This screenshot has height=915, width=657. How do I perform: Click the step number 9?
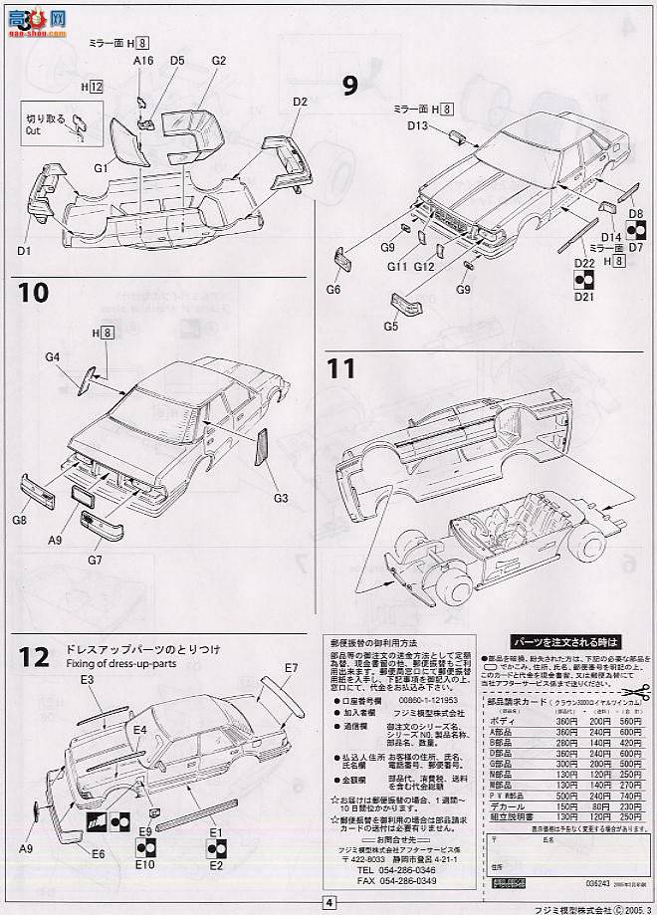349,86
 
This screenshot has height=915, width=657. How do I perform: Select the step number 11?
342,367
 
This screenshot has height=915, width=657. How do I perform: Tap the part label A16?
145,61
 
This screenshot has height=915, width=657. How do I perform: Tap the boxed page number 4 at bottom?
328,903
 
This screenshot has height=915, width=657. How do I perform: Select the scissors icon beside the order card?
636,688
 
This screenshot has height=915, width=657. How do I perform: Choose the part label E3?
88,679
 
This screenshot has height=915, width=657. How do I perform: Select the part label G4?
53,356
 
